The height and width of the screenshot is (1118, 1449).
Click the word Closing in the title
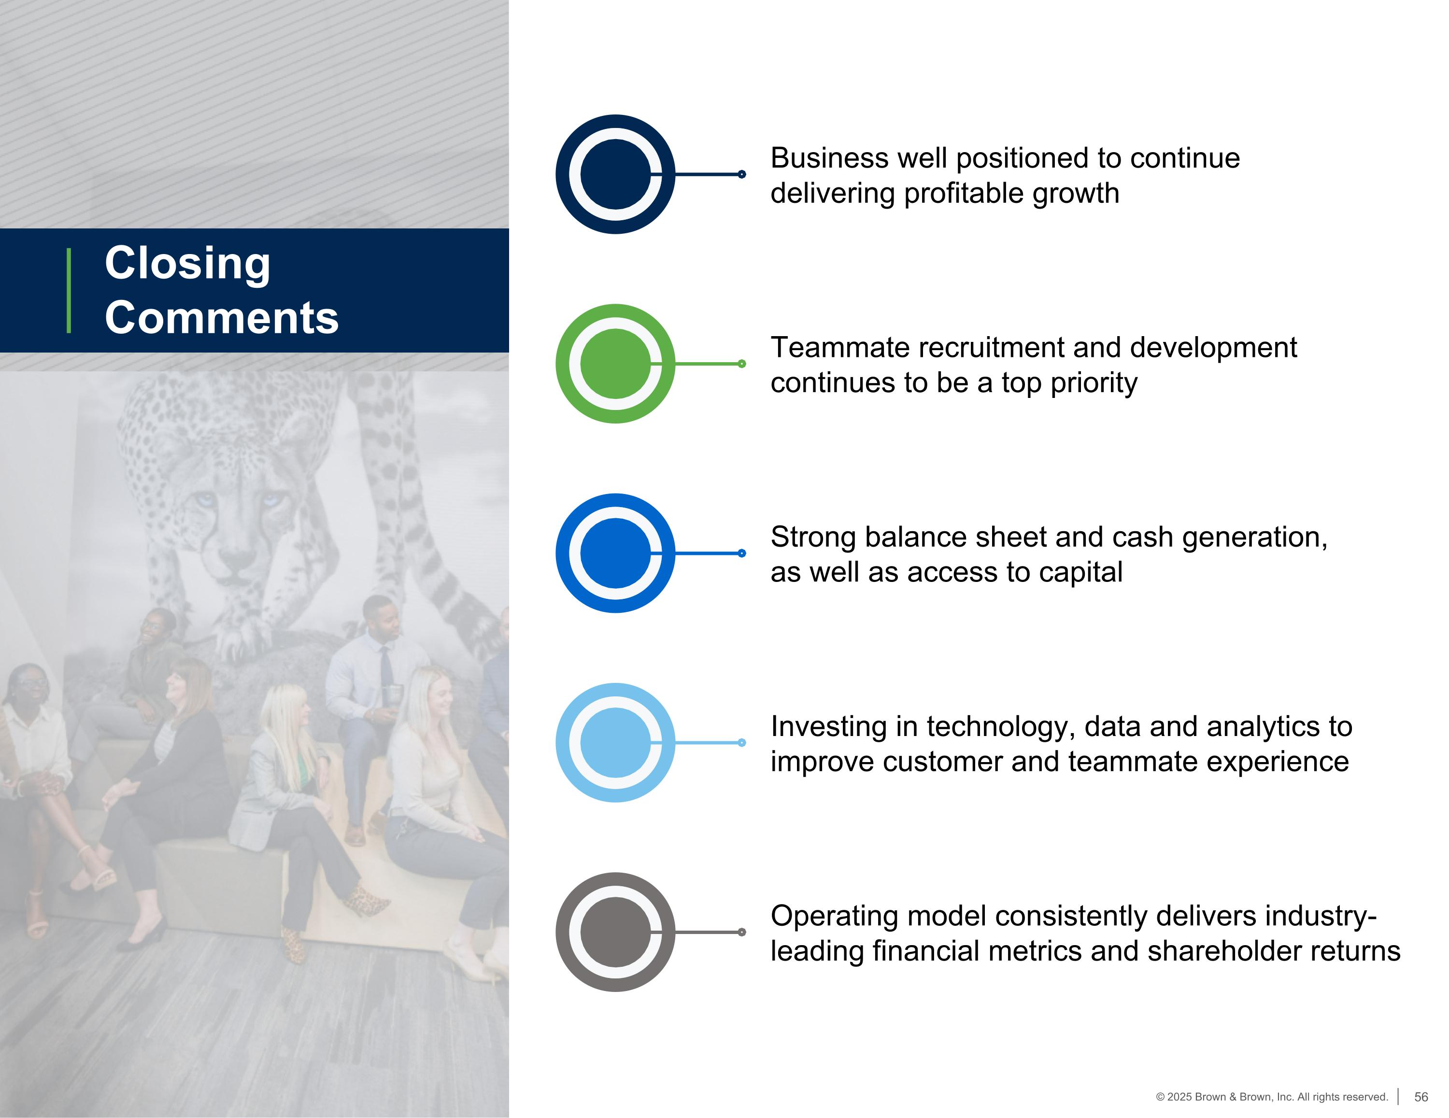point(188,263)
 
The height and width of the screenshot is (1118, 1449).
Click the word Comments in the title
point(222,317)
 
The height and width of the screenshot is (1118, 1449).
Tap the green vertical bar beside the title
point(69,291)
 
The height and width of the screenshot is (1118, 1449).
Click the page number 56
point(1421,1097)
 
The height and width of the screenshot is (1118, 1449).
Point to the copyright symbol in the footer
point(1160,1097)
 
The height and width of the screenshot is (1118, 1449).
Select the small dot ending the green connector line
point(742,364)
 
